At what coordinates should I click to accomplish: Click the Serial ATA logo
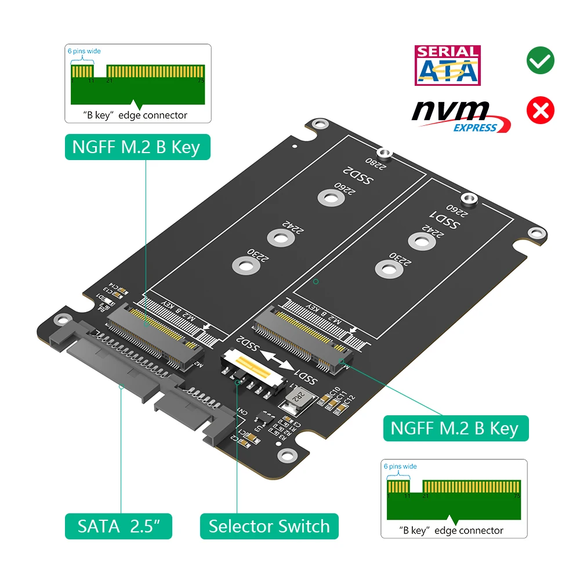click(447, 66)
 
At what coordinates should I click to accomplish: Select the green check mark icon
click(540, 60)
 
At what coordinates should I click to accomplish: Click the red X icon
click(540, 110)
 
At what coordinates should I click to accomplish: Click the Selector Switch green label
click(269, 526)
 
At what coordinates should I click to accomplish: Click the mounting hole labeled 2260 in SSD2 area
click(329, 198)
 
